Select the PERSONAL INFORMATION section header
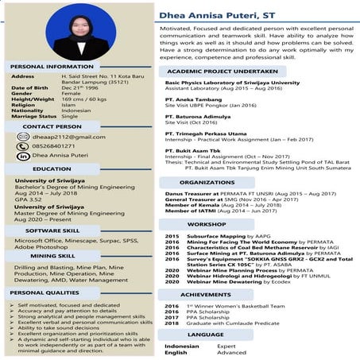[x=53, y=65]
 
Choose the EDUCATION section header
[x=52, y=169]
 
